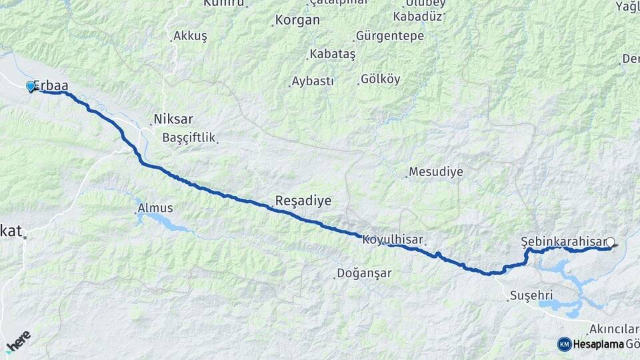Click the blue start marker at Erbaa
coord(30,86)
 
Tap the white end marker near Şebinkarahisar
coord(609,243)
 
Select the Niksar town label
coord(173,120)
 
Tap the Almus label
coord(155,209)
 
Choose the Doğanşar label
coord(364,273)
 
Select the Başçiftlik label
coord(189,138)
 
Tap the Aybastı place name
coord(313,81)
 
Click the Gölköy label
coord(381,79)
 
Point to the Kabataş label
coord(332,54)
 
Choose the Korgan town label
coord(297,21)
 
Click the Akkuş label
coord(190,36)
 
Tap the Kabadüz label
coord(417,16)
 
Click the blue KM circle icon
coord(564,344)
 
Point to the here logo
coord(19,340)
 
